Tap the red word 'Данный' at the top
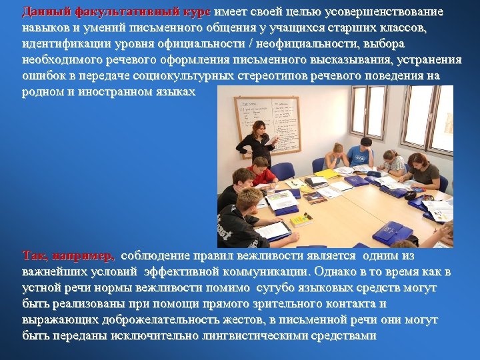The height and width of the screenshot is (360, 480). (37, 12)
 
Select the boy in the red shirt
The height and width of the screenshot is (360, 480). (262, 172)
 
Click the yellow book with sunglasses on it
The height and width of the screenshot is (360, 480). (301, 219)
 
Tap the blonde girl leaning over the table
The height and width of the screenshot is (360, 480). (336, 157)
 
